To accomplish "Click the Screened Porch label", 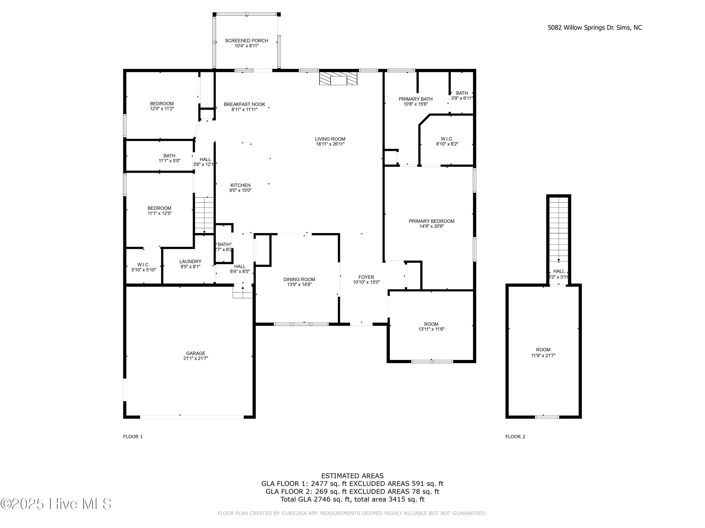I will pos(246,41).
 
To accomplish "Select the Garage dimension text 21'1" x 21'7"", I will pos(196,358).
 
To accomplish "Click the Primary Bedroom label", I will pos(431,221).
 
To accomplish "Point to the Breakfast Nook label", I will pos(244,104).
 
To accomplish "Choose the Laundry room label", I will pos(190,262).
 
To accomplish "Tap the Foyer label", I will pos(366,277).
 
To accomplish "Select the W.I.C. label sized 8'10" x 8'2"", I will pos(447,139).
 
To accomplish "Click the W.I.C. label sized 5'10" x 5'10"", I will pos(143,265).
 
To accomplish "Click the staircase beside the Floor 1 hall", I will pos(204,215).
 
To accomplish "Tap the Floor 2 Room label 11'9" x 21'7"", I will pos(543,350).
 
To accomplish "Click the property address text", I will pos(595,28).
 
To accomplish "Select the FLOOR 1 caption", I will pos(133,437).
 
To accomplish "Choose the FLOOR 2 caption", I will pos(515,437).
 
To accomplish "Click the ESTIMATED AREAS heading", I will pos(352,476).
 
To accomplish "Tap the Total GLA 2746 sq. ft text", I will pos(352,499).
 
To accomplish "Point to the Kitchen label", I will pos(240,185).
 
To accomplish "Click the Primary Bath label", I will pos(416,99).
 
